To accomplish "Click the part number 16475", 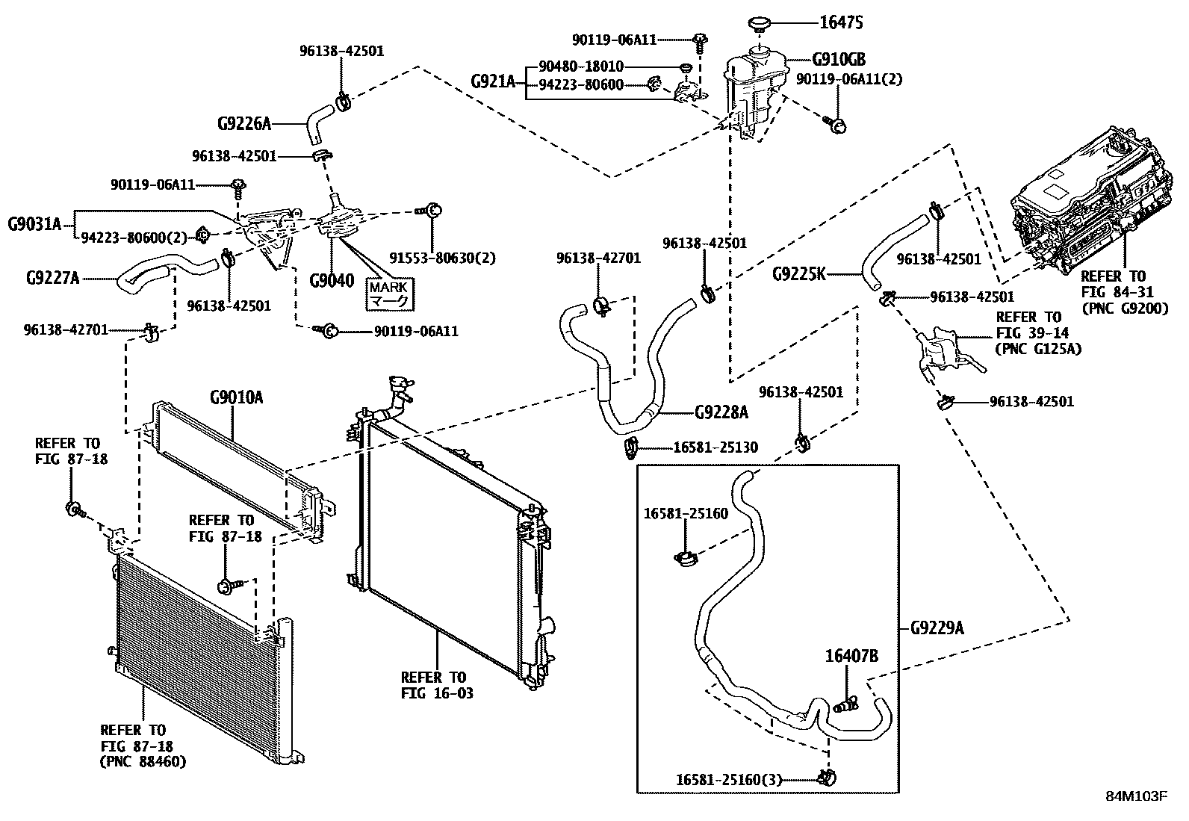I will pyautogui.click(x=841, y=23).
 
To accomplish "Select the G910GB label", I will pyautogui.click(x=839, y=60).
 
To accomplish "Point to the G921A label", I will pyautogui.click(x=493, y=80).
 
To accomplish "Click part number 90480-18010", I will pyautogui.click(x=581, y=66).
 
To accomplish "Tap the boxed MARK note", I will pyautogui.click(x=388, y=294).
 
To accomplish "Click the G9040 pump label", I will pyautogui.click(x=332, y=282).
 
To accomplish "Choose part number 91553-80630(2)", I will pyautogui.click(x=443, y=258).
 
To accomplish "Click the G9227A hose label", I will pyautogui.click(x=52, y=279).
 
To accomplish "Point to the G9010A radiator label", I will pyautogui.click(x=236, y=397).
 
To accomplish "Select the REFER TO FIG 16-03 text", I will pyautogui.click(x=437, y=685).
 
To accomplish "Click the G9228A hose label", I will pyautogui.click(x=721, y=412).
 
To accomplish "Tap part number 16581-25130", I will pyautogui.click(x=715, y=447).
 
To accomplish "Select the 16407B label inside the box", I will pyautogui.click(x=851, y=656).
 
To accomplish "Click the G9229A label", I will pyautogui.click(x=937, y=628).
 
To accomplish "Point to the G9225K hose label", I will pyautogui.click(x=799, y=273).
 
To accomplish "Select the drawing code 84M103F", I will pyautogui.click(x=1135, y=796).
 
